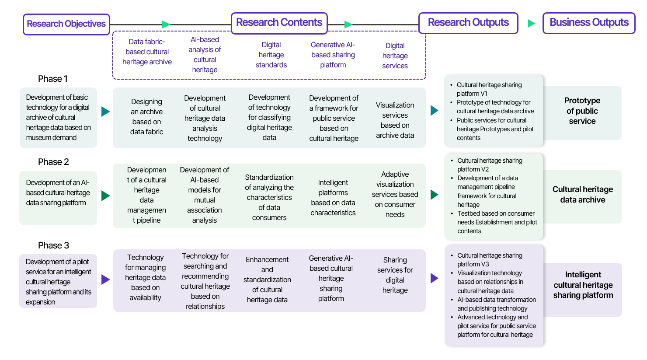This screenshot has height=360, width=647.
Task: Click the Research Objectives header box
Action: (66, 24)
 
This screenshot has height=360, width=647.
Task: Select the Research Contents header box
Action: (279, 23)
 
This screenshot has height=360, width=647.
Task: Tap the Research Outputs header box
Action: (468, 23)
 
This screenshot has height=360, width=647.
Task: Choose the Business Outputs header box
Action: (588, 23)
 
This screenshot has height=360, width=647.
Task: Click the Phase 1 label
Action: (52, 79)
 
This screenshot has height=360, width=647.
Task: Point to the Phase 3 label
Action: (53, 245)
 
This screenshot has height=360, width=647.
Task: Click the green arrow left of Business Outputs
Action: (531, 23)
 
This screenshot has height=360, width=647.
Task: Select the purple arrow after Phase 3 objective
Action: (105, 280)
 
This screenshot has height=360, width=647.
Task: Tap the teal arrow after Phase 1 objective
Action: (105, 112)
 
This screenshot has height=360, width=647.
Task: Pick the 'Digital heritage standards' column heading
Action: (271, 55)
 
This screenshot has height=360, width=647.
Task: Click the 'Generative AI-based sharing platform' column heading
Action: (333, 55)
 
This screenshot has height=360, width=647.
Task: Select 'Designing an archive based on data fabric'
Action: (146, 117)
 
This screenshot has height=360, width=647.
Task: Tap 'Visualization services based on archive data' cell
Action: (395, 120)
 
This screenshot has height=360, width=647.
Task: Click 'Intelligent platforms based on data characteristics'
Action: (333, 198)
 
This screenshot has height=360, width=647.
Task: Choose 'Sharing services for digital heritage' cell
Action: (395, 275)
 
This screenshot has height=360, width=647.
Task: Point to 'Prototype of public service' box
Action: (582, 111)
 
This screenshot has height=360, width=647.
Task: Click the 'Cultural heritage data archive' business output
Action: (582, 195)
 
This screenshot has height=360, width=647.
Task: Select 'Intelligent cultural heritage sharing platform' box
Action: (583, 285)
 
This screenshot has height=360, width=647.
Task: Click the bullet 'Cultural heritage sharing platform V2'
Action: (490, 165)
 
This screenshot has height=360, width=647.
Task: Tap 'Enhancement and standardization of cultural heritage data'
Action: (267, 280)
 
